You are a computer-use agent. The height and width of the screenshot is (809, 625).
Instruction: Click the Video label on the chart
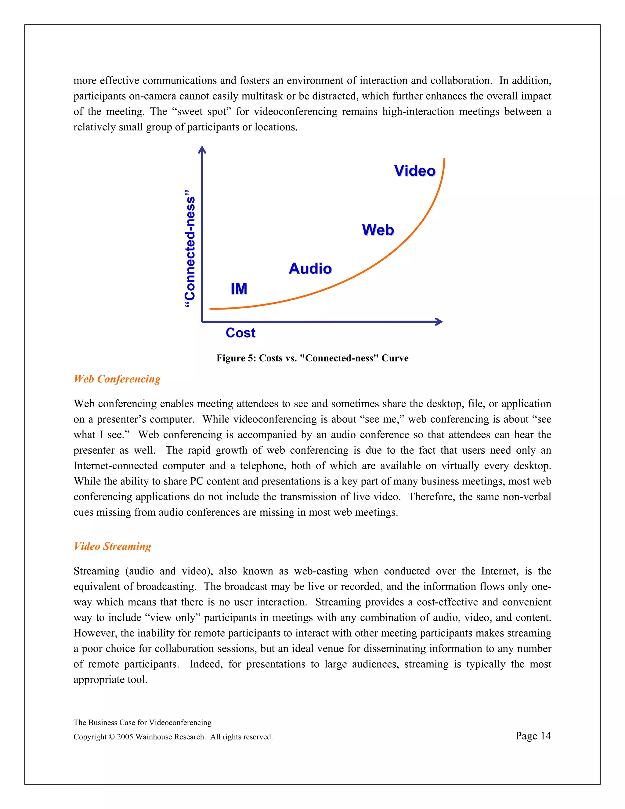415,171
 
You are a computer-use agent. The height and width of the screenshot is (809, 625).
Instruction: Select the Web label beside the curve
378,230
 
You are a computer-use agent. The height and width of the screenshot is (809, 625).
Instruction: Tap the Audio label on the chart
310,269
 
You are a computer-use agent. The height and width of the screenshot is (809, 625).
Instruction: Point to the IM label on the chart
239,289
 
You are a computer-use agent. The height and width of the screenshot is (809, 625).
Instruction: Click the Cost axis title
241,333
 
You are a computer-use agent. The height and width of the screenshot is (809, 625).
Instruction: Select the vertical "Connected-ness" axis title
190,249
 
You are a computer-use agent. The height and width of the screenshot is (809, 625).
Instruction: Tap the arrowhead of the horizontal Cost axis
439,321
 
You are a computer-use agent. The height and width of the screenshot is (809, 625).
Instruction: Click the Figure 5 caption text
312,358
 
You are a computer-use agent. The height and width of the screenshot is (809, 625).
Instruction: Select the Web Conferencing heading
117,379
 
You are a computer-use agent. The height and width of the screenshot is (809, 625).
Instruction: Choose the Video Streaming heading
113,546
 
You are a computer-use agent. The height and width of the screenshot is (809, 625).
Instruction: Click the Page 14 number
533,736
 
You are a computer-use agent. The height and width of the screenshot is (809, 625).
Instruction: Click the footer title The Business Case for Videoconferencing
143,722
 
